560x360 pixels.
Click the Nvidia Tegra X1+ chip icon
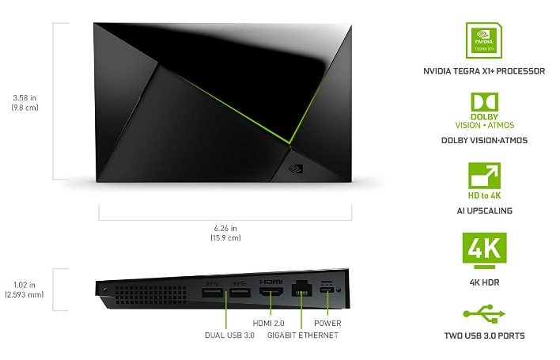click(x=484, y=40)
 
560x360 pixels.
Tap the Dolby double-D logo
click(x=484, y=103)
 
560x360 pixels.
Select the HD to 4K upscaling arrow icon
click(x=484, y=176)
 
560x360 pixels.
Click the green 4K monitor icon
click(x=484, y=250)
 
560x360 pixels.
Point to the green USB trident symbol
click(x=484, y=313)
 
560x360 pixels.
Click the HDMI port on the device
click(x=271, y=291)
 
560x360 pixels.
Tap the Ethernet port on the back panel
click(x=302, y=289)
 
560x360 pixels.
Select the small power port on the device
click(x=327, y=290)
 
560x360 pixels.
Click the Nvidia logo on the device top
click(x=296, y=169)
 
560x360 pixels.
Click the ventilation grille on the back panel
click(x=150, y=295)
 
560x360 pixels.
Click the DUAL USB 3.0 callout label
click(x=229, y=335)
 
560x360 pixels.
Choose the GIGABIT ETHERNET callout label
click(x=303, y=335)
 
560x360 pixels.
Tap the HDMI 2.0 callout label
click(x=268, y=324)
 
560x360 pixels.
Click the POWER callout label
click(x=327, y=324)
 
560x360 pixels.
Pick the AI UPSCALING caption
click(x=484, y=210)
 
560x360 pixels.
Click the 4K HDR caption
click(x=484, y=282)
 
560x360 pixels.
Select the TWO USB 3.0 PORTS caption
click(x=484, y=335)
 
